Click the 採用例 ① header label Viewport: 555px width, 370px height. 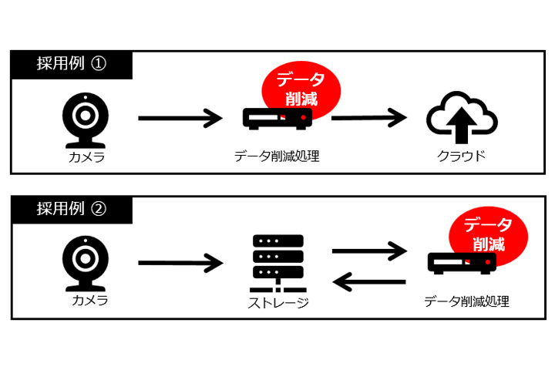[x=71, y=64]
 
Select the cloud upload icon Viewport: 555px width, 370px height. [x=462, y=121]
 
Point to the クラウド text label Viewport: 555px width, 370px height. [x=462, y=156]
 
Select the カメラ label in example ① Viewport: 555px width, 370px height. [x=85, y=157]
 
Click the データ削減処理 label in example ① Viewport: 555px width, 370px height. [x=277, y=156]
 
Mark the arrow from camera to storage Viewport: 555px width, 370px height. [x=180, y=263]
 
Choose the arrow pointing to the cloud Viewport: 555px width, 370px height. [x=368, y=119]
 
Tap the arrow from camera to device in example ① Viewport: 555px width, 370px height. [x=180, y=119]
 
